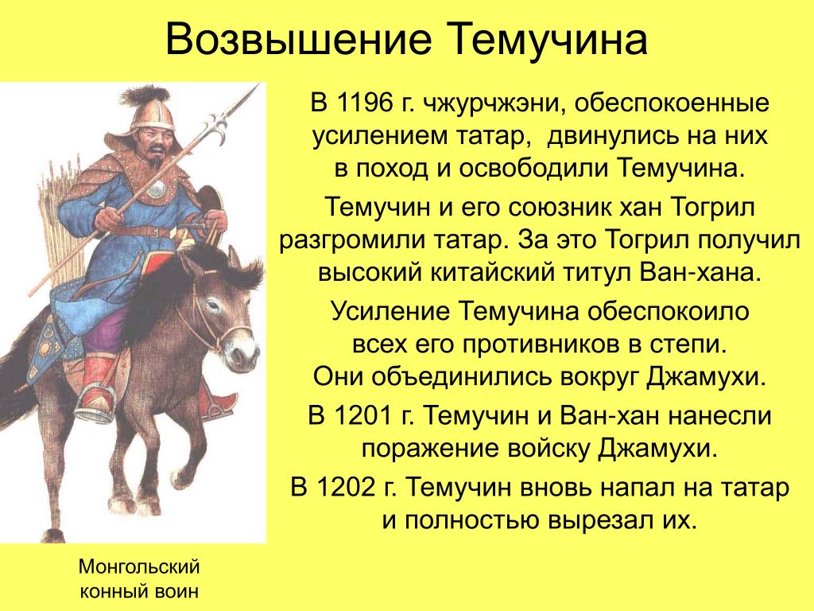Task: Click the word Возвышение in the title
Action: point(299,39)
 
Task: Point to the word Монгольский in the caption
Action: point(139,566)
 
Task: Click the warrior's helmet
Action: point(151,108)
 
